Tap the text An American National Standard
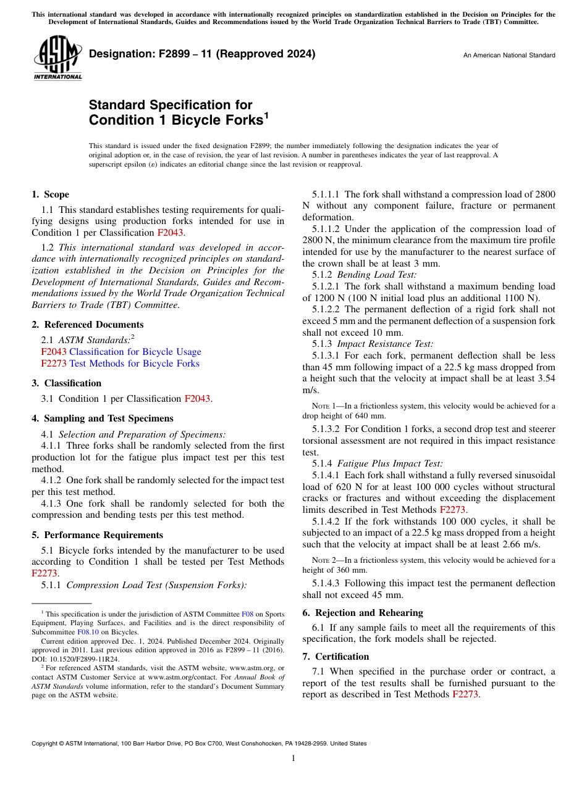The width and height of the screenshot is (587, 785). [x=509, y=56]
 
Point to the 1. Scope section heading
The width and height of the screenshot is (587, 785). [x=51, y=194]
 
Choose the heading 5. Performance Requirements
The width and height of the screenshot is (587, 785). [x=98, y=535]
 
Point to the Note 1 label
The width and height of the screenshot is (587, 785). [x=324, y=406]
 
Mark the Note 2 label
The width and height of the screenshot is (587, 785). [x=324, y=560]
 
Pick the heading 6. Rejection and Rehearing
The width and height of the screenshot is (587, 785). [x=363, y=613]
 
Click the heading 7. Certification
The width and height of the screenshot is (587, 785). [x=336, y=657]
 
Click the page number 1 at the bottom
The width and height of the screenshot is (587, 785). [x=293, y=758]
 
